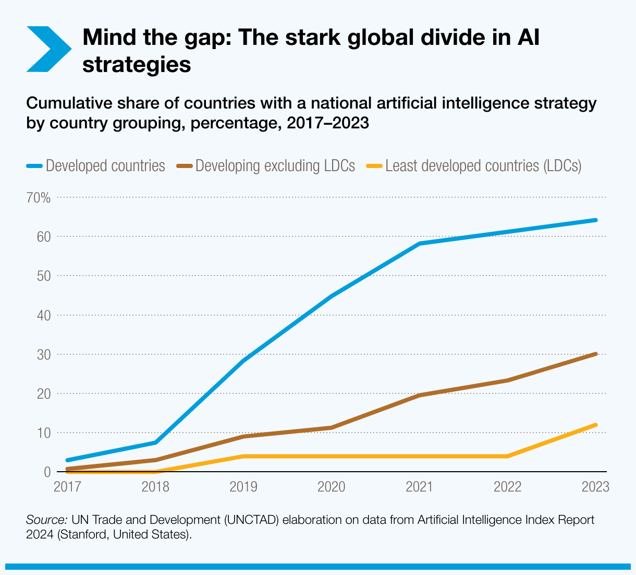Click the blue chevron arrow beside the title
(x=48, y=49)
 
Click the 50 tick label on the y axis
(x=44, y=276)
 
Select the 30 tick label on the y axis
(x=44, y=355)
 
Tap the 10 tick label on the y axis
(x=44, y=433)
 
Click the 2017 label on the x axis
(x=68, y=487)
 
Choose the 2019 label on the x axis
(x=243, y=487)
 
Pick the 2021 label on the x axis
(x=420, y=487)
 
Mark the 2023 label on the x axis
(x=595, y=487)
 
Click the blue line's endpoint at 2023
(x=595, y=220)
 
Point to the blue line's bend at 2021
(x=420, y=244)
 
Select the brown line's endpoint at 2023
(x=595, y=354)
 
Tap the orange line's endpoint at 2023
(x=595, y=425)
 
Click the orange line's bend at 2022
(x=507, y=456)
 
